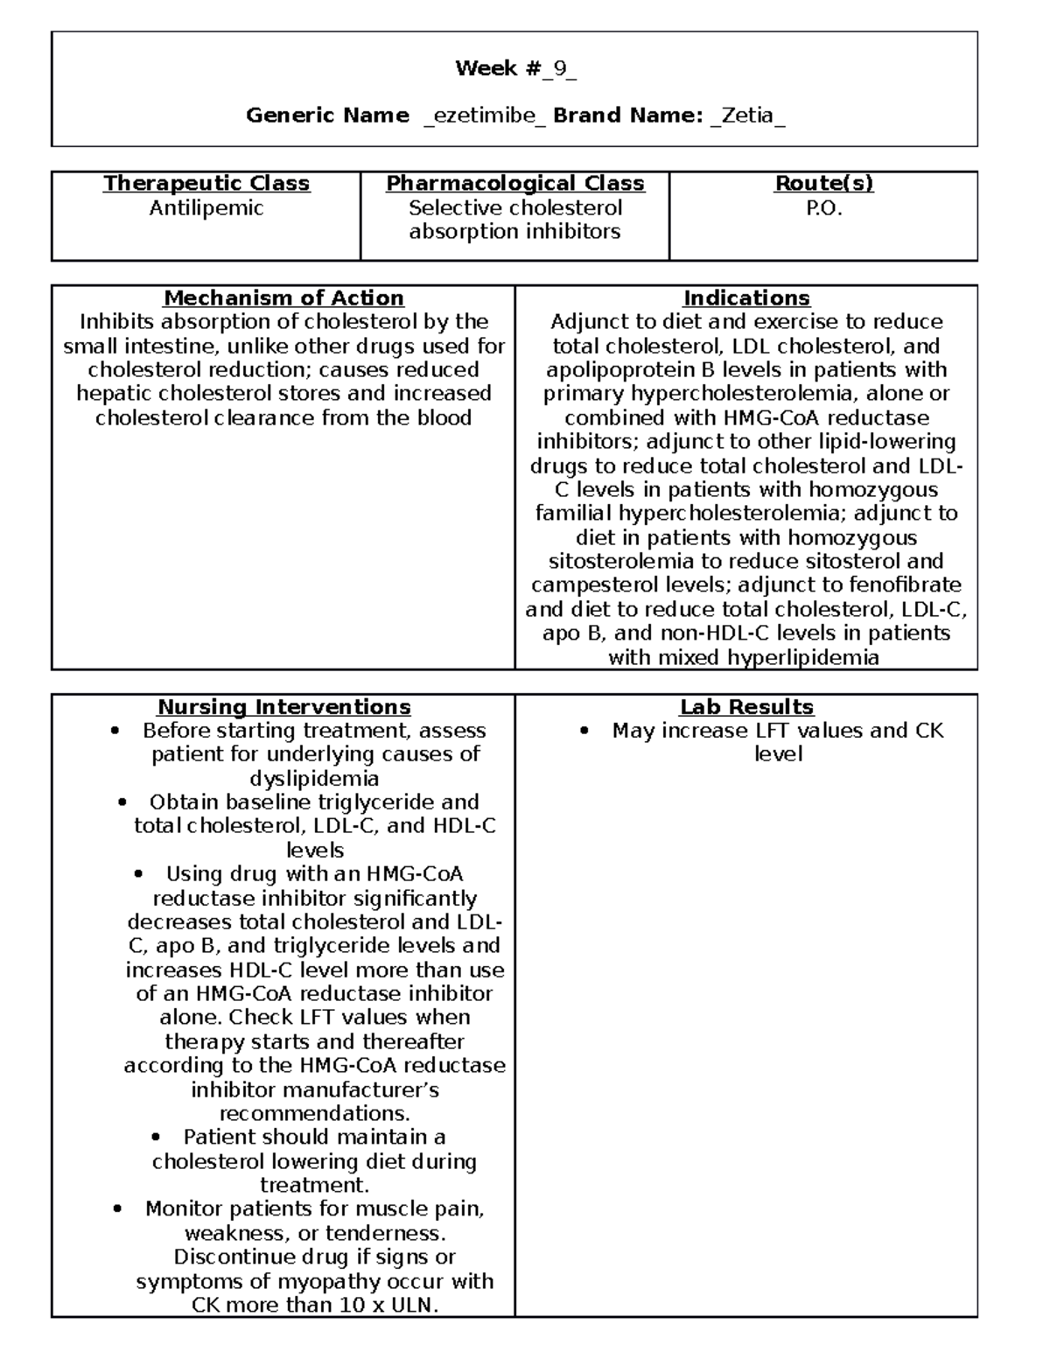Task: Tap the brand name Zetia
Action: point(747,116)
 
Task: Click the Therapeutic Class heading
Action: point(206,184)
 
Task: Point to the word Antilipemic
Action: point(206,208)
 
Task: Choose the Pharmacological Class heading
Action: point(514,184)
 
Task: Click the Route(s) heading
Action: point(823,184)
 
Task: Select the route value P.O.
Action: point(823,208)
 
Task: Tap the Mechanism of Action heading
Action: point(283,298)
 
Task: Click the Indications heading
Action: point(746,298)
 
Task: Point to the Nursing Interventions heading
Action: point(283,707)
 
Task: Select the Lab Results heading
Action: point(746,707)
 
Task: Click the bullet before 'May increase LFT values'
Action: point(584,732)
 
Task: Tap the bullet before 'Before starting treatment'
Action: point(115,732)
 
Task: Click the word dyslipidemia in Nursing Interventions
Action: point(314,779)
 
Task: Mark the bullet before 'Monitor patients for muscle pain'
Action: point(118,1209)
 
